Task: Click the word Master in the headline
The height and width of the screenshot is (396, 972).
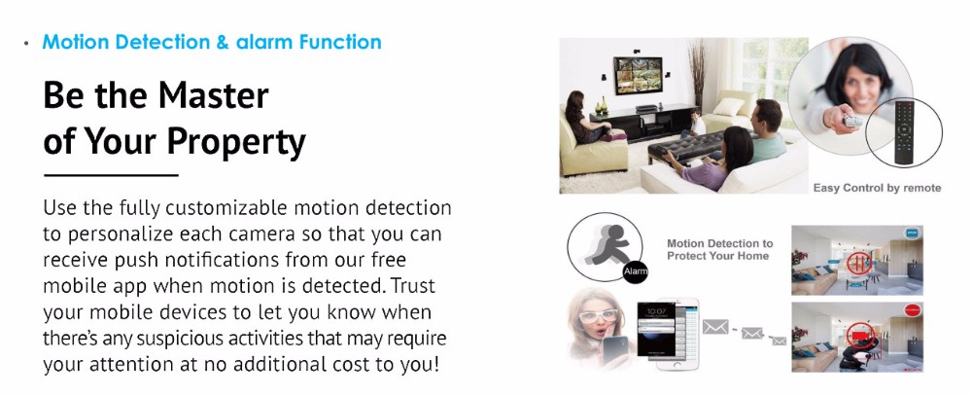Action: [x=213, y=95]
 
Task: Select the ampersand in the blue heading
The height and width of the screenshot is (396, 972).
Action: [x=224, y=42]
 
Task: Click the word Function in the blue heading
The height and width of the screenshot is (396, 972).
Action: [x=340, y=42]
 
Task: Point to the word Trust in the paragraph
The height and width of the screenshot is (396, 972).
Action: [x=413, y=285]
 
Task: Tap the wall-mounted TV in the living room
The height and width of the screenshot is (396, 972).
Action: [x=638, y=75]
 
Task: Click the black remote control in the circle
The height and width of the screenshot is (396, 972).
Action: [x=906, y=131]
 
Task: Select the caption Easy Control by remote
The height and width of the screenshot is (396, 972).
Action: [x=877, y=188]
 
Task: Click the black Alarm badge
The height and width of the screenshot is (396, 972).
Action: [x=636, y=271]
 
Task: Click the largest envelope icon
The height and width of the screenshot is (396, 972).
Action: [x=715, y=327]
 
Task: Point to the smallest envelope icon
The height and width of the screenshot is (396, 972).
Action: [x=780, y=341]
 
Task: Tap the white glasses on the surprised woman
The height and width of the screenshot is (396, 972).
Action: [x=598, y=316]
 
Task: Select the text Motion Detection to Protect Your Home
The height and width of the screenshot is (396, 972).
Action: [x=719, y=249]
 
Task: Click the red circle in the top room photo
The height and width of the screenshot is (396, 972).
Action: [x=858, y=262]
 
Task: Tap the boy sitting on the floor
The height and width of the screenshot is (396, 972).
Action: [x=695, y=125]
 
